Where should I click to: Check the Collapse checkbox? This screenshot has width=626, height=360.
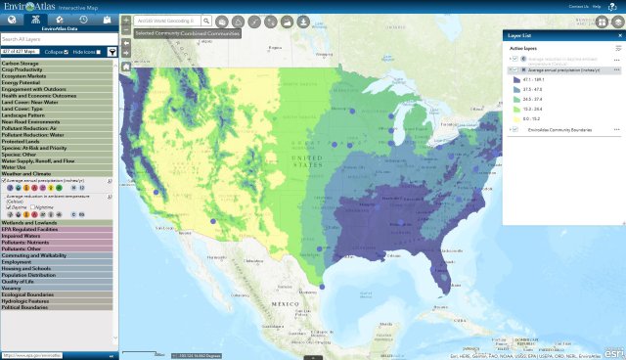pos(65,51)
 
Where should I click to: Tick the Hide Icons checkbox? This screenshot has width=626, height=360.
pos(98,51)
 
